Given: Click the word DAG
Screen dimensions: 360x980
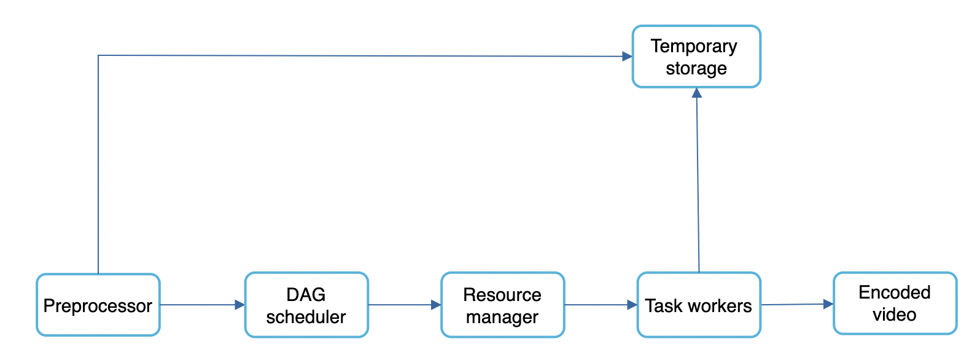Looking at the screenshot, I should tap(306, 295).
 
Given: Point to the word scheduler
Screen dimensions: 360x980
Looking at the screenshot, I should tap(306, 317).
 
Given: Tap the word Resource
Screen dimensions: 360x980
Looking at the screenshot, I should tap(502, 295).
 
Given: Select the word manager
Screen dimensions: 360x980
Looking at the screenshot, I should tap(502, 317).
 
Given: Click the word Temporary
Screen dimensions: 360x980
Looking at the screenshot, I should tap(694, 47).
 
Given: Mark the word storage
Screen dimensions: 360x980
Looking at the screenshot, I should tap(696, 68).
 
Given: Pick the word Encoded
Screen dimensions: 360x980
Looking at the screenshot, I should tap(895, 292).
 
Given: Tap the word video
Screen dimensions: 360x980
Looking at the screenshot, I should tap(895, 315).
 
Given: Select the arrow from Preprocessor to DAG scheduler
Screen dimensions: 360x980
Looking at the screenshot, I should tap(203, 305).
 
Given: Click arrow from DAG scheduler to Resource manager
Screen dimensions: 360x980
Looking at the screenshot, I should tap(404, 305).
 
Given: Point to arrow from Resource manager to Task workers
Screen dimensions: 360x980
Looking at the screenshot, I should tap(601, 305).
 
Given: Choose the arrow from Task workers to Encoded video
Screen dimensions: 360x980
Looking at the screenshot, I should tap(797, 304).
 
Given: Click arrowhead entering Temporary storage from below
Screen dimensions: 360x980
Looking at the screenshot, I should tap(697, 93).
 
